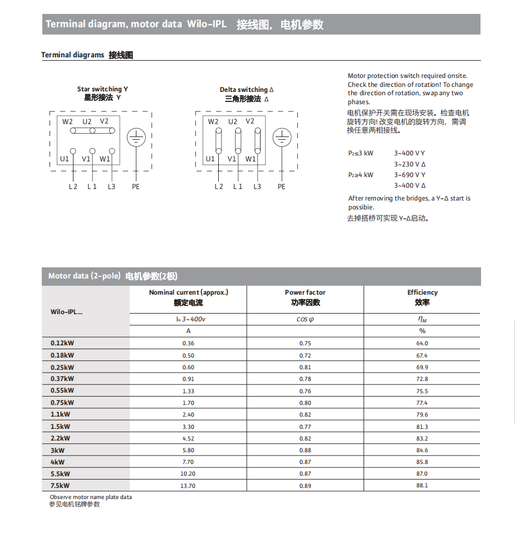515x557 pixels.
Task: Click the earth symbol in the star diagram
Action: click(136, 138)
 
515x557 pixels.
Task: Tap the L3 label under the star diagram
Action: click(111, 187)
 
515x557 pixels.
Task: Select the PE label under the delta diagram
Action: click(282, 187)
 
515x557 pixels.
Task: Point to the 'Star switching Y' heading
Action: click(102, 89)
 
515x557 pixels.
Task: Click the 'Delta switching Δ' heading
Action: click(247, 90)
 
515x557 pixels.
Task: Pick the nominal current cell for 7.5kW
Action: click(188, 486)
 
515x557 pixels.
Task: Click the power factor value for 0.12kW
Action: click(305, 344)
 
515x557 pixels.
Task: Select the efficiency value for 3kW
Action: click(422, 450)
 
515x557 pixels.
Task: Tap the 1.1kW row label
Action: click(60, 414)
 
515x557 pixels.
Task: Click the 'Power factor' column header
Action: click(305, 292)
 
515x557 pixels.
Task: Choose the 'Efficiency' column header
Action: click(422, 292)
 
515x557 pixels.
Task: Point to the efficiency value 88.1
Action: click(422, 486)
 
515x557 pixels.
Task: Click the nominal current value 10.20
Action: click(188, 474)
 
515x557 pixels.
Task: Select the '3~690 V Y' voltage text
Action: click(410, 175)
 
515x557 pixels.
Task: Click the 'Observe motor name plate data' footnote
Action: click(91, 497)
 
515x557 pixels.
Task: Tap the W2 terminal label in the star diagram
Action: click(67, 121)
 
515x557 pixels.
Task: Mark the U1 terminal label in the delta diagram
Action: click(210, 159)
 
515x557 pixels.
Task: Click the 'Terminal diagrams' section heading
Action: click(72, 55)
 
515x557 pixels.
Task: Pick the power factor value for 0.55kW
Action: click(305, 391)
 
